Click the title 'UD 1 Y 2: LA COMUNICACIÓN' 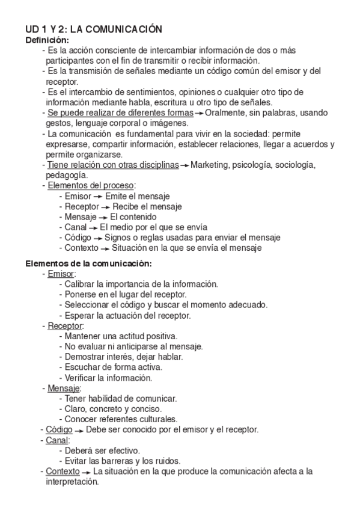pyautogui.click(x=94, y=29)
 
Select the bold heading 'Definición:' pyautogui.click(x=46, y=40)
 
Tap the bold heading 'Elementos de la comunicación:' pyautogui.click(x=88, y=263)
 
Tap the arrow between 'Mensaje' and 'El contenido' pyautogui.click(x=105, y=217)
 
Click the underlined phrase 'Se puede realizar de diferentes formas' pyautogui.click(x=120, y=113)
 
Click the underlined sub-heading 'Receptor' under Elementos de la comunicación pyautogui.click(x=65, y=326)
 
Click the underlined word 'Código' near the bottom pyautogui.click(x=59, y=429)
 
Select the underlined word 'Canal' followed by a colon pyautogui.click(x=57, y=440)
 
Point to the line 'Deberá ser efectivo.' pyautogui.click(x=103, y=450)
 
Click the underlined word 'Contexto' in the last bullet pyautogui.click(x=63, y=472)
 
